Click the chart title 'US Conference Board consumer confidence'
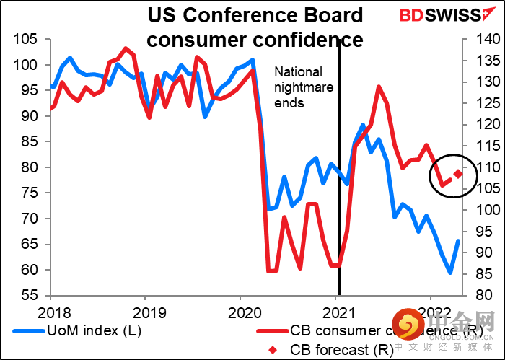(255, 26)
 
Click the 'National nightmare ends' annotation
(298, 87)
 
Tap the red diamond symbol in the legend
(271, 350)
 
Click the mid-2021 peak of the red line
(379, 87)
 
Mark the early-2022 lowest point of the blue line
(450, 272)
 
